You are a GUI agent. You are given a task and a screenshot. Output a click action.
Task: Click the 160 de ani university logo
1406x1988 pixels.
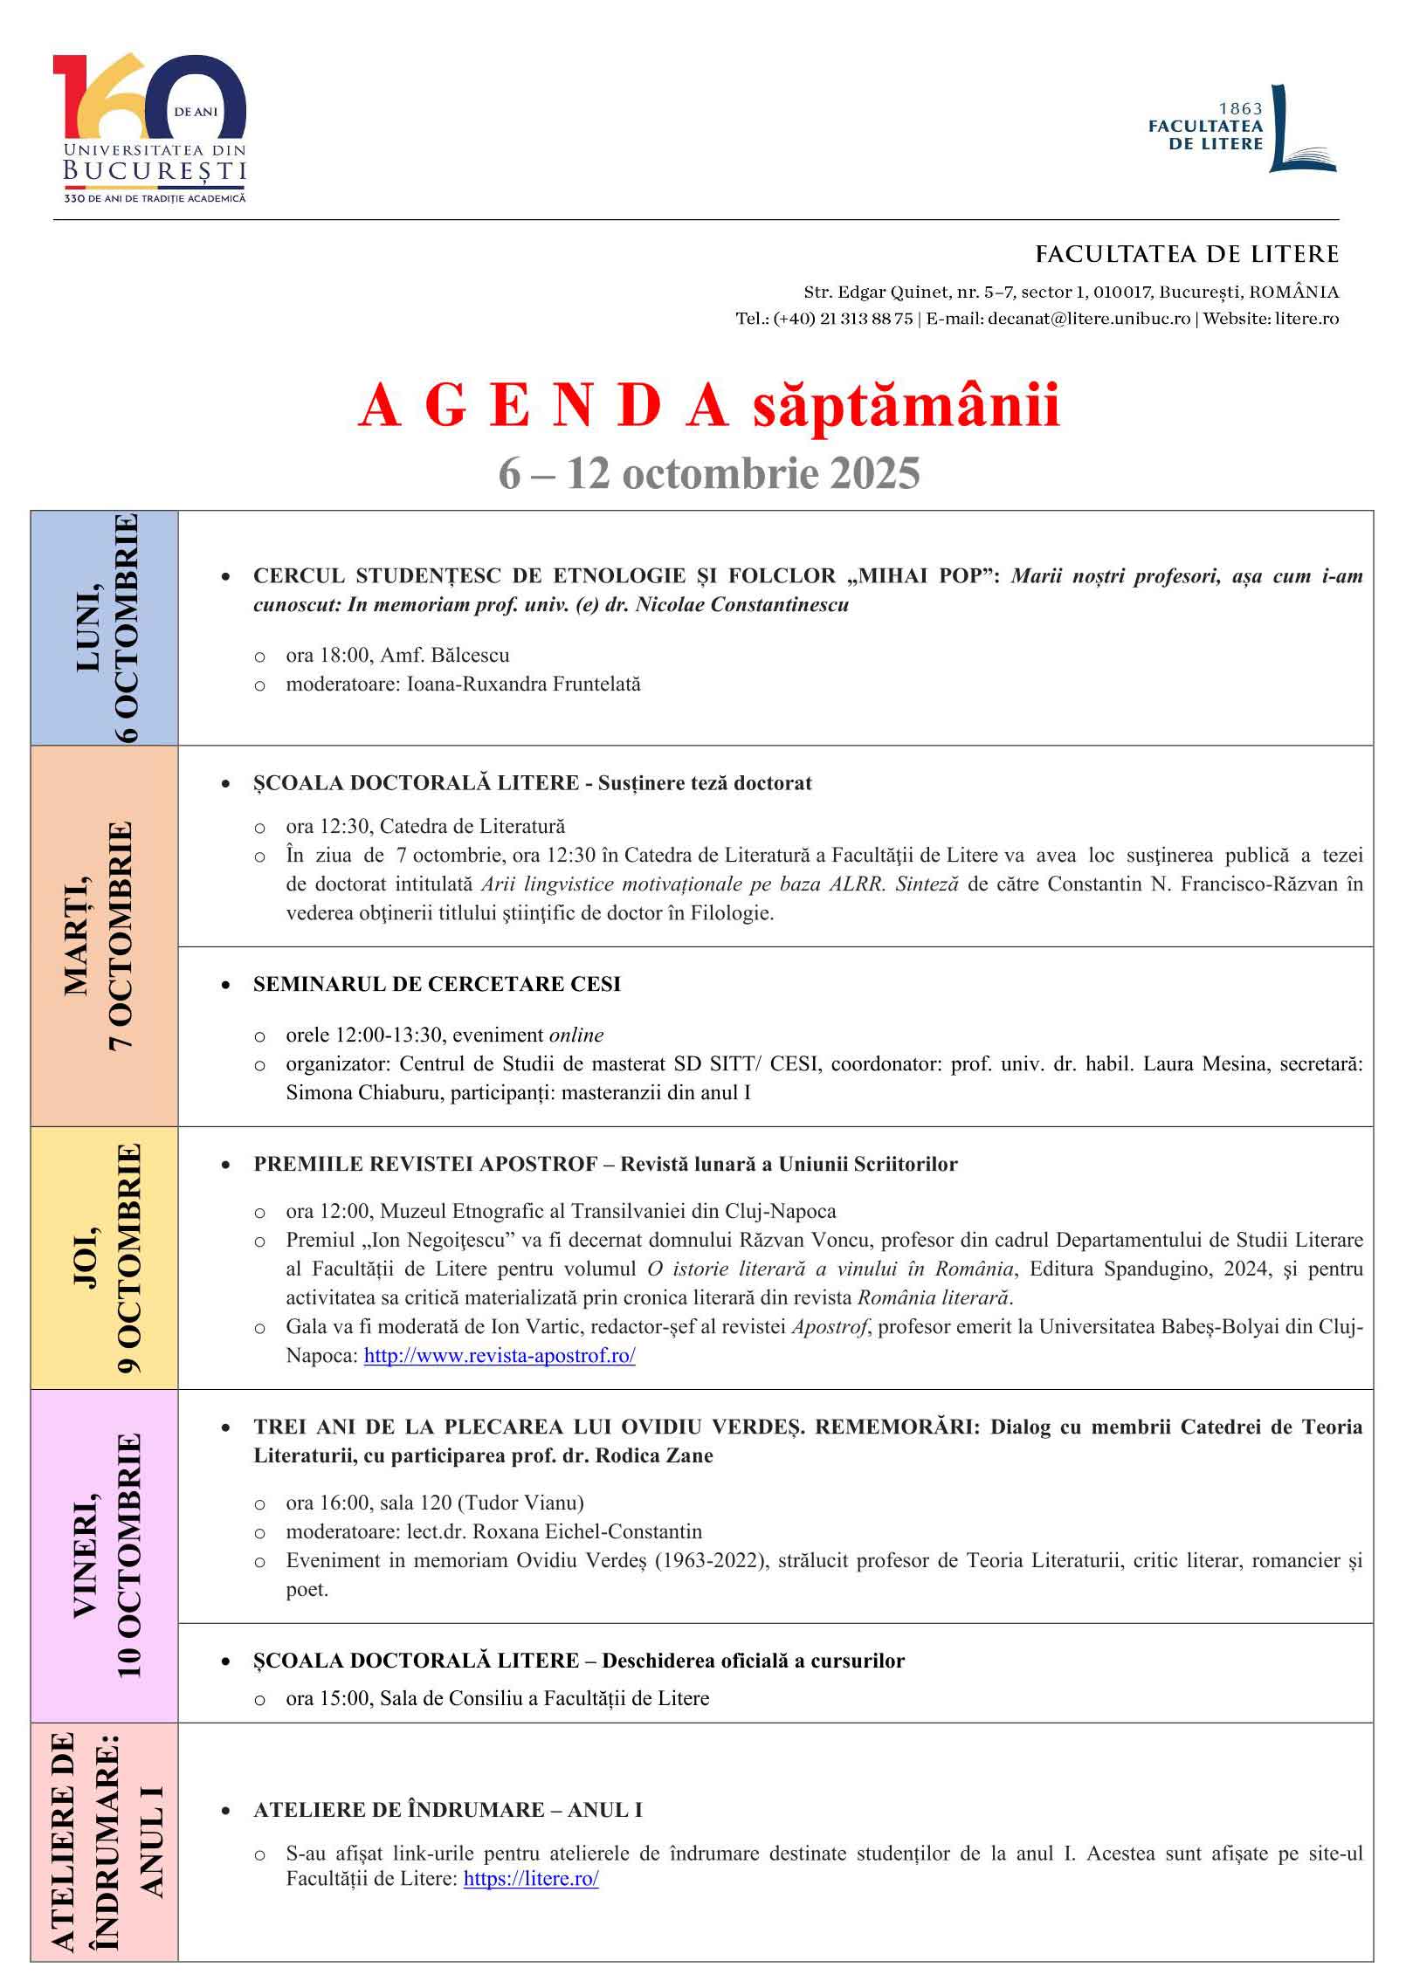[x=149, y=127]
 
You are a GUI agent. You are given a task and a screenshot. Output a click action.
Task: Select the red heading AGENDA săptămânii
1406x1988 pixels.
[x=708, y=407]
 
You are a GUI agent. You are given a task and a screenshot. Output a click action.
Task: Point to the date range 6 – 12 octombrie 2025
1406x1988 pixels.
[x=708, y=474]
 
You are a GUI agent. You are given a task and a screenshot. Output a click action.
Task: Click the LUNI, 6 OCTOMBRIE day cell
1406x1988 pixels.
[x=105, y=628]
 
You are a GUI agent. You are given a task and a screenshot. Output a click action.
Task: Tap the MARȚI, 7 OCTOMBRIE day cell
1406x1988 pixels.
[x=105, y=935]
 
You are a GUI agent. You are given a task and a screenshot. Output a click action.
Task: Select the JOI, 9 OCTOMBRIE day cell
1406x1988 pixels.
[x=105, y=1257]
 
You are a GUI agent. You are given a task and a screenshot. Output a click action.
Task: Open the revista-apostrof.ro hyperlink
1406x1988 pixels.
[x=499, y=1356]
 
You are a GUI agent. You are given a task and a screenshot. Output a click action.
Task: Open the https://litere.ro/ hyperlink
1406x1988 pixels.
[x=531, y=1879]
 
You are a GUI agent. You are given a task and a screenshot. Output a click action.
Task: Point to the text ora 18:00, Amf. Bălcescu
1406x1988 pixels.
[x=397, y=656]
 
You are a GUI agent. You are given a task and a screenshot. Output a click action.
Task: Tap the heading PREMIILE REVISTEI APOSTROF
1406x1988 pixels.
[x=425, y=1164]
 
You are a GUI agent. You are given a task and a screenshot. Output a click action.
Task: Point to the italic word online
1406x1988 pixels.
[x=575, y=1035]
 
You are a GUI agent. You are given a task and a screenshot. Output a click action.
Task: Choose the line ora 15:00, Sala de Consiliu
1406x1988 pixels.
[x=497, y=1698]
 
